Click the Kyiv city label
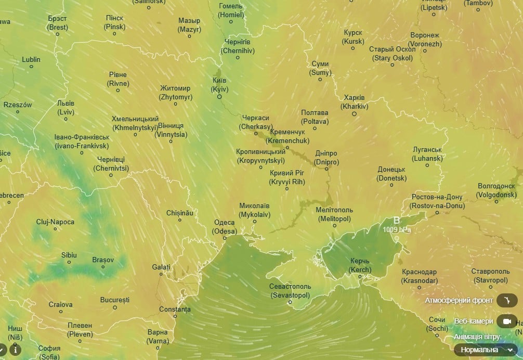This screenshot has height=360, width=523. (x=219, y=85)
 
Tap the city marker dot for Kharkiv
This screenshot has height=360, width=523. (x=355, y=114)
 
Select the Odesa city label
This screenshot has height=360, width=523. (x=225, y=227)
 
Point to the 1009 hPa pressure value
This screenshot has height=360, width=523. (x=397, y=229)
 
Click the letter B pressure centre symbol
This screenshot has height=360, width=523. (x=397, y=220)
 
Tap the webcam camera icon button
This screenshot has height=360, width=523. (x=506, y=321)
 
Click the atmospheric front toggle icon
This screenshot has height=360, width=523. (x=506, y=300)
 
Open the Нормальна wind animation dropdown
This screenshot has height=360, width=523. (x=486, y=350)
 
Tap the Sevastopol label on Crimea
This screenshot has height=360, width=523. (x=290, y=291)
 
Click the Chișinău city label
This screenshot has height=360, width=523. (x=180, y=213)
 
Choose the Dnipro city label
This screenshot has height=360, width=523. (x=326, y=158)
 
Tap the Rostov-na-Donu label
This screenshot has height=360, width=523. (x=437, y=201)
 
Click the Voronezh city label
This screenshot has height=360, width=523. (x=425, y=40)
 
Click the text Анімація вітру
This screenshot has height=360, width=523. (x=477, y=337)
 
